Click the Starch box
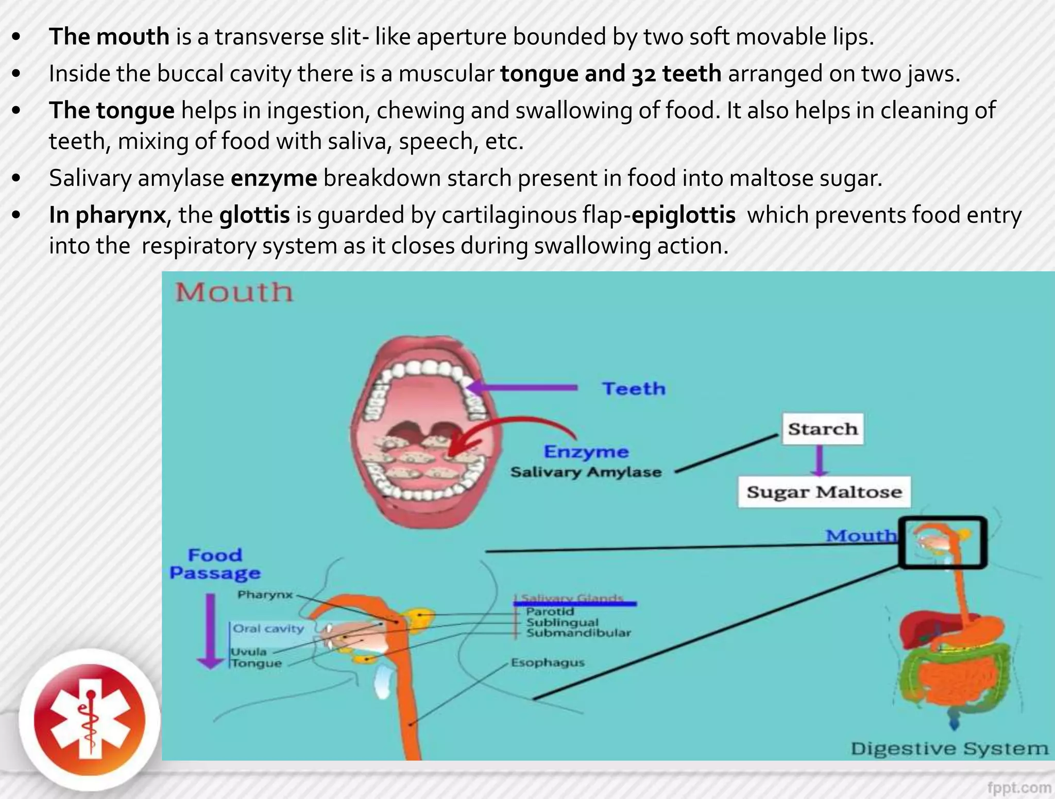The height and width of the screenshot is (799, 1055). (823, 429)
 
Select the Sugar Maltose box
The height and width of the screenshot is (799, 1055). (824, 492)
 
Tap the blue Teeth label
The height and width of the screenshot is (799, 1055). (634, 388)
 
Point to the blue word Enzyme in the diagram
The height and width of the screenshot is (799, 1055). (586, 452)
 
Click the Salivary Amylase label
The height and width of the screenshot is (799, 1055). (586, 472)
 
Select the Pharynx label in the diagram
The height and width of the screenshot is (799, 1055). (265, 595)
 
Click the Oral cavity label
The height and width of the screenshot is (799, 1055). (268, 628)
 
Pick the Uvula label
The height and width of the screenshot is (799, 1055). (248, 652)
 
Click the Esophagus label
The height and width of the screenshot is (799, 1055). (548, 662)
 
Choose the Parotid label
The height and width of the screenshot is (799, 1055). (550, 612)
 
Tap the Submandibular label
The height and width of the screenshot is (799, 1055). (578, 633)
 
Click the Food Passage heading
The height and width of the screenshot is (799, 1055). (215, 564)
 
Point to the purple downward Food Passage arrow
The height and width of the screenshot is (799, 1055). (210, 631)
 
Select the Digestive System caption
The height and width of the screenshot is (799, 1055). (949, 749)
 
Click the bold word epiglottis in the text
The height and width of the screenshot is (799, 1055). (683, 215)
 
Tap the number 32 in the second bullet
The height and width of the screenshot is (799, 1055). (643, 74)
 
